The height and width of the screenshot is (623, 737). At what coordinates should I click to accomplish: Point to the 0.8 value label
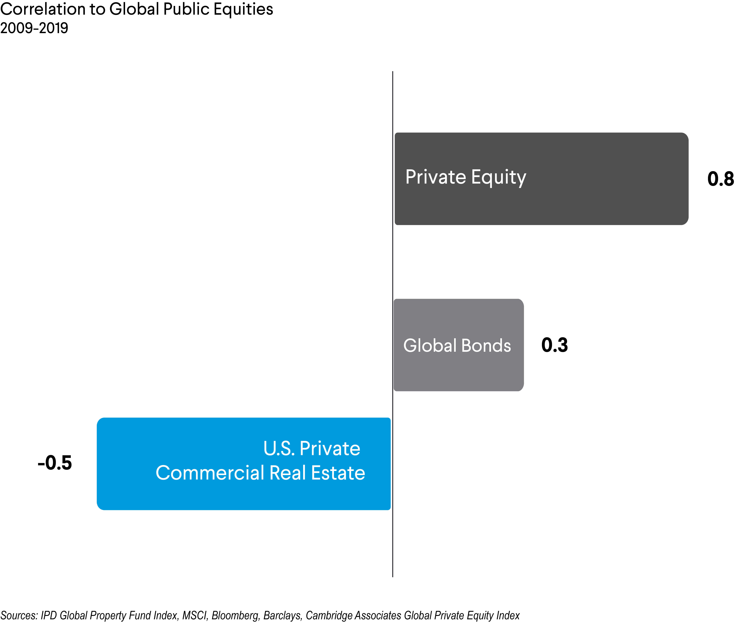(720, 179)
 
